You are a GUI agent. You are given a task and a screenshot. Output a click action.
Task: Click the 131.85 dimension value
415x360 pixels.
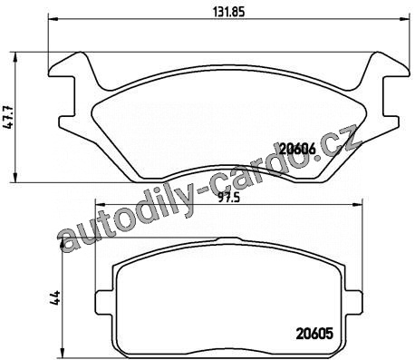tap(228, 12)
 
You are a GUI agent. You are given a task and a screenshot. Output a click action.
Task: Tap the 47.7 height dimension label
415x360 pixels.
tap(8, 118)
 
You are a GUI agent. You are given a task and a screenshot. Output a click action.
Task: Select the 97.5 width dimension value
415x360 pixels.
tap(229, 198)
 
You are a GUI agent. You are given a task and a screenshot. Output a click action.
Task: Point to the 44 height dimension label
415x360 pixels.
tap(56, 297)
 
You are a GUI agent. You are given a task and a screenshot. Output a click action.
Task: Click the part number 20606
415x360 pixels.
tap(297, 149)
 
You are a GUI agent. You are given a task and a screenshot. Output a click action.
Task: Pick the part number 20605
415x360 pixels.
tap(314, 334)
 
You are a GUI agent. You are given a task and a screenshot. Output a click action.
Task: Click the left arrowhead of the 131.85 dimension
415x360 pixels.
tap(53, 20)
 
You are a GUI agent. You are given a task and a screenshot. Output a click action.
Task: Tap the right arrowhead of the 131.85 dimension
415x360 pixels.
tap(405, 20)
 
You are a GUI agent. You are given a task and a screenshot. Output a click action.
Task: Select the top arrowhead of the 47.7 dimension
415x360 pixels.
tap(15, 57)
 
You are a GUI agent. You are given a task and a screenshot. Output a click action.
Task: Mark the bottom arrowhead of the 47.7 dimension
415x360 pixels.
tap(15, 178)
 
